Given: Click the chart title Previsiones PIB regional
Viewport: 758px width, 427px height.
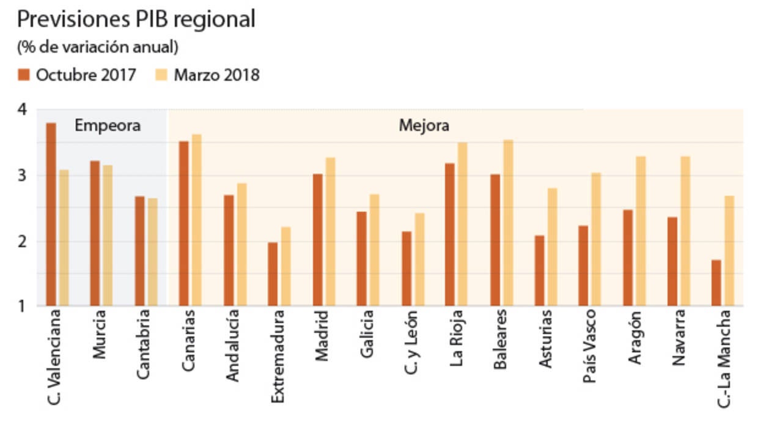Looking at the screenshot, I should point(136,20).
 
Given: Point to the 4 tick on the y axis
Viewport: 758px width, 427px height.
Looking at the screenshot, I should point(23,110).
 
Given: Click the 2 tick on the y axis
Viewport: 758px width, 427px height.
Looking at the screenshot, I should point(23,241).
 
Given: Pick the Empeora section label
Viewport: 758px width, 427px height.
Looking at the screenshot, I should point(108,126).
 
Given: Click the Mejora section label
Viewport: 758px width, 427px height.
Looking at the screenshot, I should point(424,126).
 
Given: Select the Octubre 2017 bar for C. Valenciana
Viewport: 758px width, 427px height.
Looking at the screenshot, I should point(51,214).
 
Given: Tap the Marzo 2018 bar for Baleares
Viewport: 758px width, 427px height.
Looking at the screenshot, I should point(507,223).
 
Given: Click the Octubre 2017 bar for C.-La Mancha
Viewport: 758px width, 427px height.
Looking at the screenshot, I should point(716,283).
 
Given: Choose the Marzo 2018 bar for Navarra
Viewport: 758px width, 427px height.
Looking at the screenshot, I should point(685,231).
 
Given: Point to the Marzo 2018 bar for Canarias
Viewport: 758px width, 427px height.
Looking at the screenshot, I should point(196,220).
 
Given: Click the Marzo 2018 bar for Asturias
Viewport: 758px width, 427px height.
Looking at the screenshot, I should point(552,247).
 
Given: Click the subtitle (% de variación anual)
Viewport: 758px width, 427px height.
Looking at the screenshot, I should point(98,47).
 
